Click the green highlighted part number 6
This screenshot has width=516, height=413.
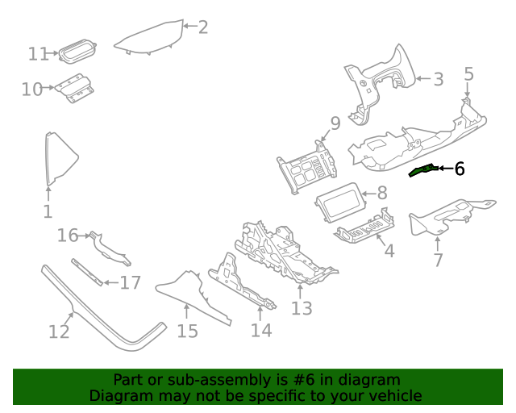tap(422, 170)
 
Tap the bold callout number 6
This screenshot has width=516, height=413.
tap(460, 169)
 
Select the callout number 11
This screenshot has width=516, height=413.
tap(39, 54)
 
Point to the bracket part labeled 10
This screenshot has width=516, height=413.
tap(74, 88)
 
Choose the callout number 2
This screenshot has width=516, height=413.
tap(203, 27)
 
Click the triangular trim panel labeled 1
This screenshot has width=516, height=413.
tap(60, 159)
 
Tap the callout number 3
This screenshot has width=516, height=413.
tap(439, 79)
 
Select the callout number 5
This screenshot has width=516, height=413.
tap(468, 73)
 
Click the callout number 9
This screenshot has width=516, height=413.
tap(335, 123)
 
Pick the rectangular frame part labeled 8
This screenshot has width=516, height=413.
tap(340, 202)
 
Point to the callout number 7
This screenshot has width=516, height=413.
tap(438, 261)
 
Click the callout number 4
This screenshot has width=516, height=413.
tap(389, 252)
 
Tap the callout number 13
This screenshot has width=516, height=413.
tap(302, 309)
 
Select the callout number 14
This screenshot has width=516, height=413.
tap(261, 331)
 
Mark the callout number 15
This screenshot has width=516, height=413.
tap(188, 332)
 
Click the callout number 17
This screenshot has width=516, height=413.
tap(131, 283)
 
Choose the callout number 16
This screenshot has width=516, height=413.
tap(68, 236)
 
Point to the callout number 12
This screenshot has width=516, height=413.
tap(59, 332)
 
